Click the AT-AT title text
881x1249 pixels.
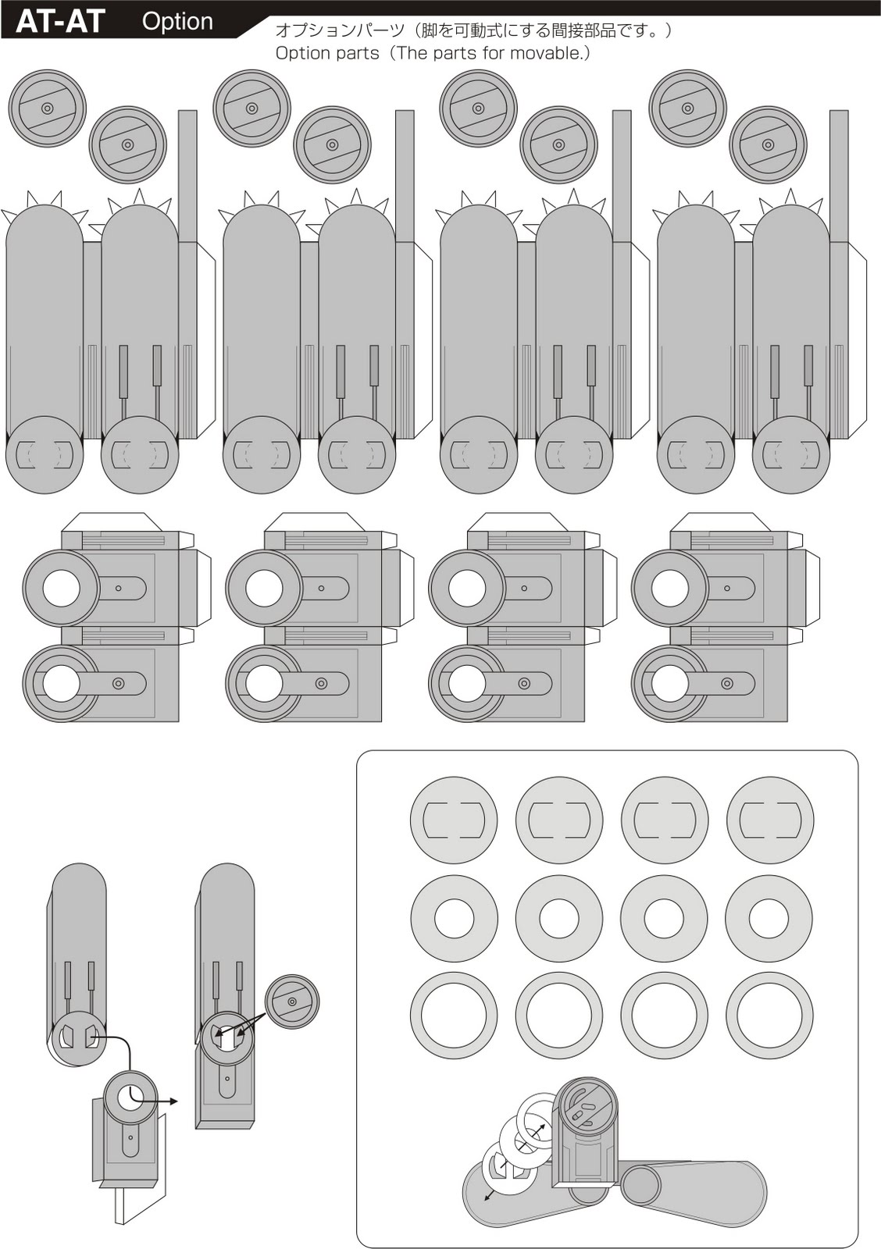pos(60,21)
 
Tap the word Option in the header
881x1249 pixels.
pos(177,21)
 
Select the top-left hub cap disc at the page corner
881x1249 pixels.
pos(47,109)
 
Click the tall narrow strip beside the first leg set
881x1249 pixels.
pos(187,176)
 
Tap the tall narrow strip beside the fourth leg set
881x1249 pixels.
pos(839,176)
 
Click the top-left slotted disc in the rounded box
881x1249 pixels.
pos(454,820)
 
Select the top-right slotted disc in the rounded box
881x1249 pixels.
pos(770,820)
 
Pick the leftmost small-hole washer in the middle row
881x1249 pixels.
pos(454,919)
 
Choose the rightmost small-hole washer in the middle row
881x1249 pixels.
pos(769,919)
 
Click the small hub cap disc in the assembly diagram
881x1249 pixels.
pos(292,1002)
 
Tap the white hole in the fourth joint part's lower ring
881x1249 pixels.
pos(670,684)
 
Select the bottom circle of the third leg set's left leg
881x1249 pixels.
pos(479,454)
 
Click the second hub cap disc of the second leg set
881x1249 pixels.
pos(332,144)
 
